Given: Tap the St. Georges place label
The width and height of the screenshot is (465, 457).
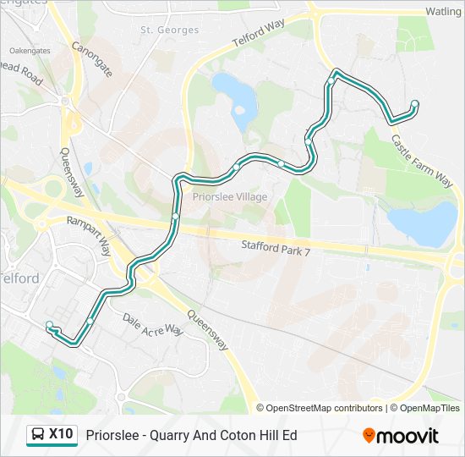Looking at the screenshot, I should tap(170, 30).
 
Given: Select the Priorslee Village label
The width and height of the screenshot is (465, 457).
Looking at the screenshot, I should tap(230, 197).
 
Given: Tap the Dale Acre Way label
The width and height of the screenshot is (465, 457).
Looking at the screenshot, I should tap(153, 324).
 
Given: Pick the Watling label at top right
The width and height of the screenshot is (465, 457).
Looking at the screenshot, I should tap(442, 12).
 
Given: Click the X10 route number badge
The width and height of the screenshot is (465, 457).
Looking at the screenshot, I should tap(61, 434).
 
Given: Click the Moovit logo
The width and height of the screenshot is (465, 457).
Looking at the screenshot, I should tap(401, 436).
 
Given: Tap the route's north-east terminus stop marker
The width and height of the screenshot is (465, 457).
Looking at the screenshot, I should tap(414, 104).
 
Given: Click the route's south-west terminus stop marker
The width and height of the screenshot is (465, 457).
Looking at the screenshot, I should tap(50, 325).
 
